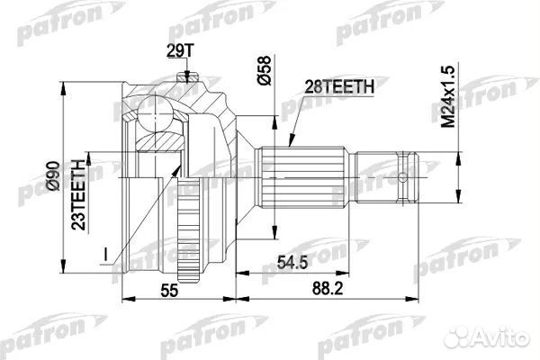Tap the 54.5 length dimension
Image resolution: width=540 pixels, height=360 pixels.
coord(287,264)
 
